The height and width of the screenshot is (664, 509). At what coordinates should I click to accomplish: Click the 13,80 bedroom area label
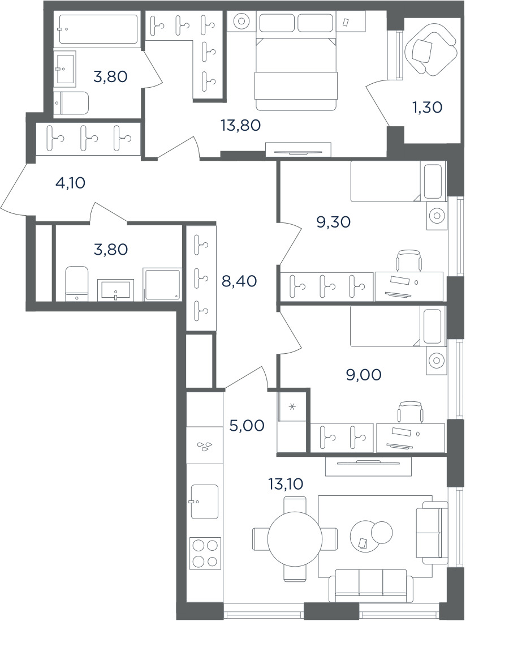240,125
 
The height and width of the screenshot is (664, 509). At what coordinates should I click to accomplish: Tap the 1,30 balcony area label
428,108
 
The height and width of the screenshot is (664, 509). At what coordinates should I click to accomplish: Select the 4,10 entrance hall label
71,183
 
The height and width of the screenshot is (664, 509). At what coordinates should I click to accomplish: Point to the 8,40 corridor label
239,281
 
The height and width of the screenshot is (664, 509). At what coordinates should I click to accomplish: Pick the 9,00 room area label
364,375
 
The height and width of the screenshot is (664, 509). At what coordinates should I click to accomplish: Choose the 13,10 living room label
286,483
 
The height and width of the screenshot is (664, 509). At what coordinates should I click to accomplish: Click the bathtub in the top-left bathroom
98,29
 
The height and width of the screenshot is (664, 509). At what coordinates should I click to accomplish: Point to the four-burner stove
205,552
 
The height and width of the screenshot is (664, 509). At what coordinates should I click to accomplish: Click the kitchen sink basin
205,502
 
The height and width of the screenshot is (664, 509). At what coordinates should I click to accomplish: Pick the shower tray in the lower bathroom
162,284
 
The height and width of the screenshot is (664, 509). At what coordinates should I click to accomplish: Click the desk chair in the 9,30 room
409,260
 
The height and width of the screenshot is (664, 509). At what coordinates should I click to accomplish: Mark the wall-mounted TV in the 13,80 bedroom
298,152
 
